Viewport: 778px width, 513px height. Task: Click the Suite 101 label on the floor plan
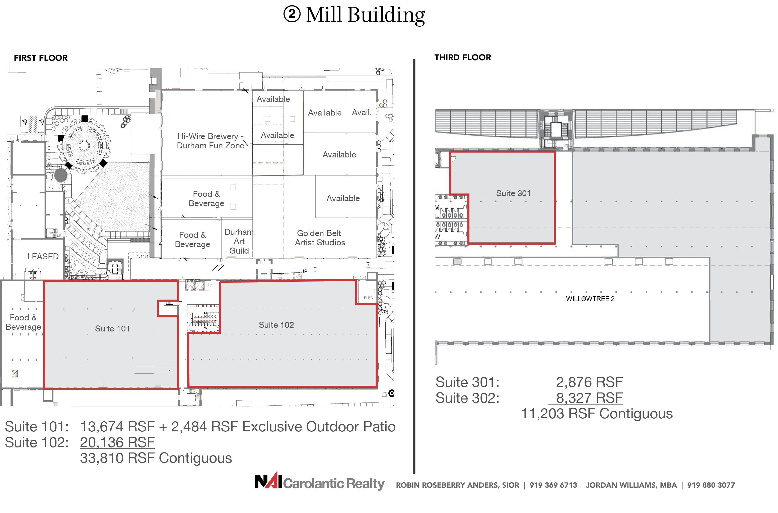(112, 328)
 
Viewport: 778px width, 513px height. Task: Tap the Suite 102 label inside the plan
(276, 325)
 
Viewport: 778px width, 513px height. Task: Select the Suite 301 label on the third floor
(513, 193)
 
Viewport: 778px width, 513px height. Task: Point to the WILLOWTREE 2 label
(590, 299)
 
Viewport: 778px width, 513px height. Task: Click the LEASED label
(43, 257)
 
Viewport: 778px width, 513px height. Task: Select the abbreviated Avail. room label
(362, 112)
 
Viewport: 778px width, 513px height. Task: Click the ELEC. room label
(368, 298)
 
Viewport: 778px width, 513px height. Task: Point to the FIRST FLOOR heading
(41, 58)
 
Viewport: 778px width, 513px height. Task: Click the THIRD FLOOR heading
(463, 58)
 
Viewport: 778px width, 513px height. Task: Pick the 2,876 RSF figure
(589, 382)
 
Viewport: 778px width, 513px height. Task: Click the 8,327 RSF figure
(589, 398)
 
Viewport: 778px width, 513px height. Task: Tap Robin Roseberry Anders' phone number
(553, 485)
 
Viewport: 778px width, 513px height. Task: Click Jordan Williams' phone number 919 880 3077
(711, 485)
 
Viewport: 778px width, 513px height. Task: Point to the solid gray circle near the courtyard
(61, 175)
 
